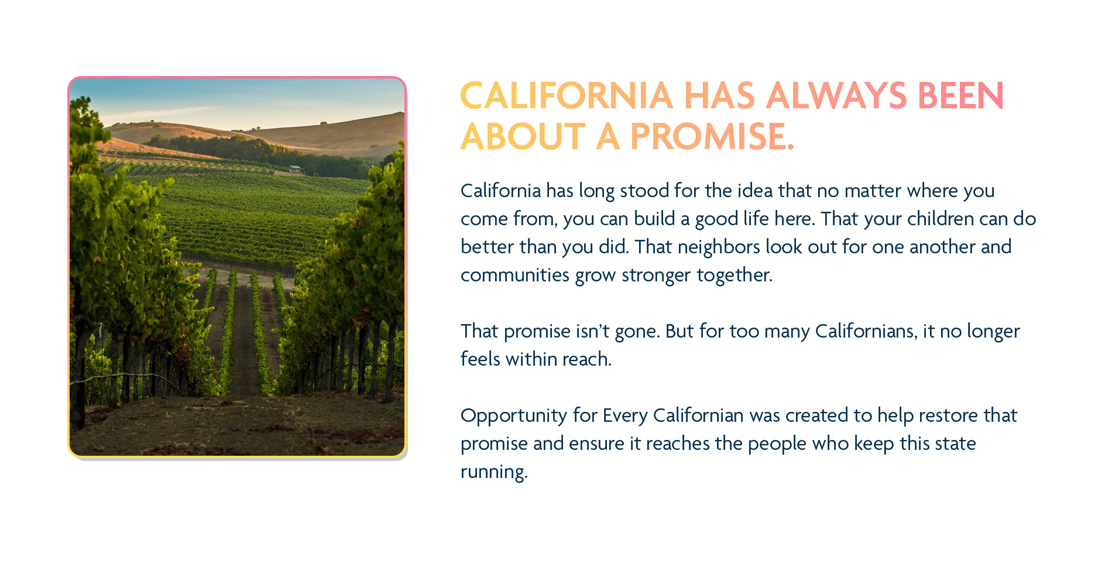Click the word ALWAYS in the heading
pos(836,96)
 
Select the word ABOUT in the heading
pos(523,137)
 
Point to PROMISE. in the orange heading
pos(712,137)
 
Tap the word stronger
pos(656,275)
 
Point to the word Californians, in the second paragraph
pos(866,331)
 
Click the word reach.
pos(587,359)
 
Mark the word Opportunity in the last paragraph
pos(514,416)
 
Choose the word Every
pos(625,416)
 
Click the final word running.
pos(494,472)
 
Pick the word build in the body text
pos(654,219)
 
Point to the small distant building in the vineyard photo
pos(296,170)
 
